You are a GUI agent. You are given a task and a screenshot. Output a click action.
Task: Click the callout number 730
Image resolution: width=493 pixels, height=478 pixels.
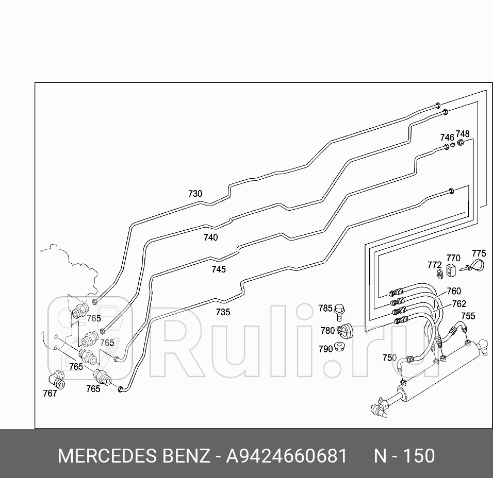[x=195, y=194]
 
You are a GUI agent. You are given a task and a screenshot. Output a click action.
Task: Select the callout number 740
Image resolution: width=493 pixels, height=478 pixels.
[x=210, y=237]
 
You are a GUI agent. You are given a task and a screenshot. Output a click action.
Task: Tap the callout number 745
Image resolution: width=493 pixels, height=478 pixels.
[x=218, y=269]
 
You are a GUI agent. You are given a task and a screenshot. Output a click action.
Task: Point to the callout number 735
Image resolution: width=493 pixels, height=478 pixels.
[x=223, y=312]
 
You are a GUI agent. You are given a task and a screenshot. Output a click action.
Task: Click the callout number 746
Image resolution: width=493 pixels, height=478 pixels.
[x=447, y=138]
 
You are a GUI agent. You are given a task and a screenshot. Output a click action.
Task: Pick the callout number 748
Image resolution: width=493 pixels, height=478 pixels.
[x=463, y=134]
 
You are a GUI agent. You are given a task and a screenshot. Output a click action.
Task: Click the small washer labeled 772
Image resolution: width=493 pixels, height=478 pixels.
[x=439, y=274]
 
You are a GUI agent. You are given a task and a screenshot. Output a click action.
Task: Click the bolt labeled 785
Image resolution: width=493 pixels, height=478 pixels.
[x=339, y=310]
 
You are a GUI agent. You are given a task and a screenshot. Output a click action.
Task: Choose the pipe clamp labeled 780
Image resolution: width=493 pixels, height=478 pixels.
[x=344, y=330]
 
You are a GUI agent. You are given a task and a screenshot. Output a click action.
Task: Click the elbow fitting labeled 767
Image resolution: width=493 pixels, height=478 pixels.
[x=58, y=381]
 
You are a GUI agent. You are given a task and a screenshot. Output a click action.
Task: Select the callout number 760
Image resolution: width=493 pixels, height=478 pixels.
[x=453, y=292]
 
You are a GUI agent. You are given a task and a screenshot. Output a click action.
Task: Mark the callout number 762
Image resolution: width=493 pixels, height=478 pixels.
[x=458, y=304]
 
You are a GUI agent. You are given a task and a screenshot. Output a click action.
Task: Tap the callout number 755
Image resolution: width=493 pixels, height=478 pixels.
[x=468, y=316]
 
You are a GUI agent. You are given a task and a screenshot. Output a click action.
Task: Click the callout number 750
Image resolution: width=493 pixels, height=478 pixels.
[x=389, y=358]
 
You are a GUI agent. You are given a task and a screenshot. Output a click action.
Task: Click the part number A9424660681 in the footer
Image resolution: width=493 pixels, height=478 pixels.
[x=286, y=456]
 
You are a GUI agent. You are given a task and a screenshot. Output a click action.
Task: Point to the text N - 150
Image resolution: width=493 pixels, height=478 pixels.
[x=404, y=456]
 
